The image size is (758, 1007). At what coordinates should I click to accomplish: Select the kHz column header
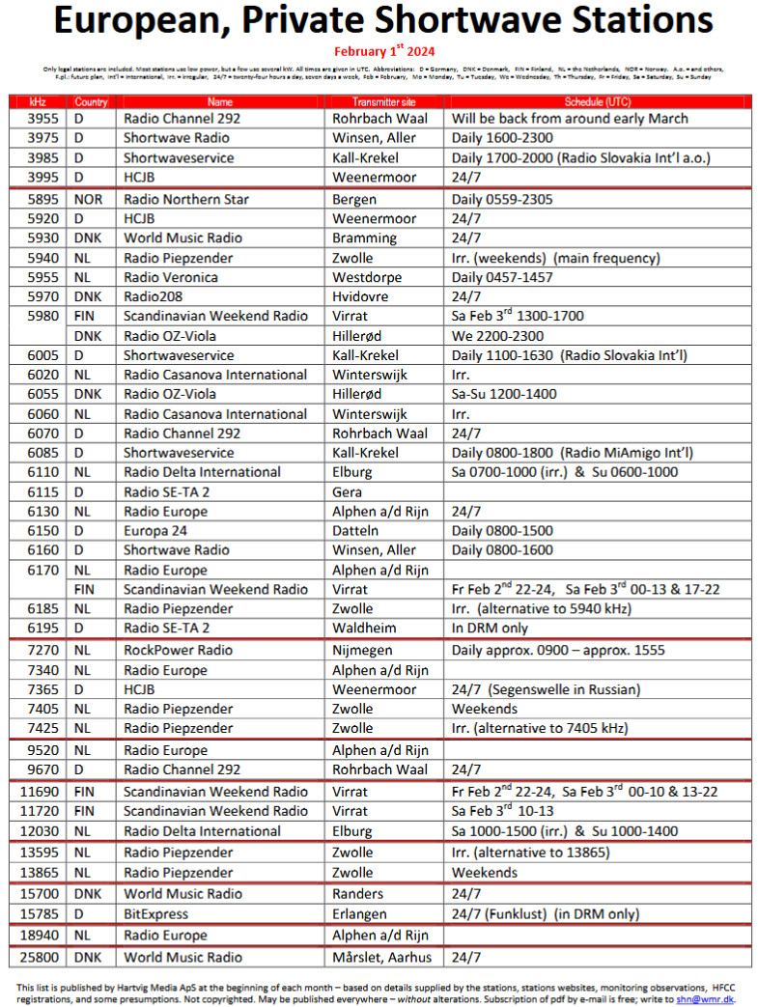coord(38,101)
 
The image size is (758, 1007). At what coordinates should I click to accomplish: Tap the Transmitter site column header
coord(383,101)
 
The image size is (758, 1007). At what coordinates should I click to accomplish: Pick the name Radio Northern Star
coord(186,199)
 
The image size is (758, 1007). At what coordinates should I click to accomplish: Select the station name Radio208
coord(153,296)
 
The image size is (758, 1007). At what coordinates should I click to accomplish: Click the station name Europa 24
coord(156,531)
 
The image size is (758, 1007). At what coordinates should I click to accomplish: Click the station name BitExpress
coord(156,913)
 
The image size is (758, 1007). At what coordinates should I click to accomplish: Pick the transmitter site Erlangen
coord(359,913)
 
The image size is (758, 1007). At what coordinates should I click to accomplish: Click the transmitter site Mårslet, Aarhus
coord(382,957)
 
